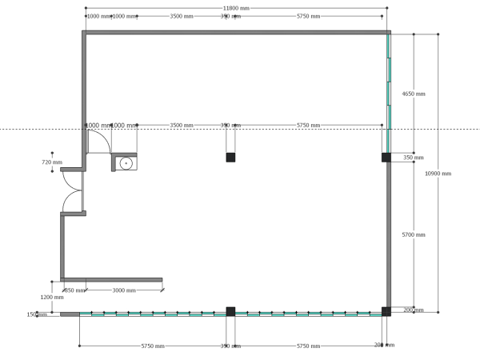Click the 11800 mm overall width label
tap(236, 8)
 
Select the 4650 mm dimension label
tap(414, 94)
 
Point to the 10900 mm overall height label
tap(438, 174)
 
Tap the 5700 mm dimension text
tap(414, 235)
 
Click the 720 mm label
tap(52, 162)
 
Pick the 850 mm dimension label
tap(74, 290)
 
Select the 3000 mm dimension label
tap(124, 290)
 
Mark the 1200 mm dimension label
tap(52, 297)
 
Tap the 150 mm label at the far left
tap(37, 314)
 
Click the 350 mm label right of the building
tap(414, 158)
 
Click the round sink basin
tap(126, 163)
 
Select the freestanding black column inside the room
tap(230, 158)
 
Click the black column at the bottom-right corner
tap(386, 311)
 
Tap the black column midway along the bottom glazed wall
tap(230, 311)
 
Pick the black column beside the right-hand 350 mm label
tap(386, 158)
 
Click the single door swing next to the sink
tap(98, 142)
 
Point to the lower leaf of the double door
tap(72, 202)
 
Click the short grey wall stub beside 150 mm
tap(70, 314)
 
